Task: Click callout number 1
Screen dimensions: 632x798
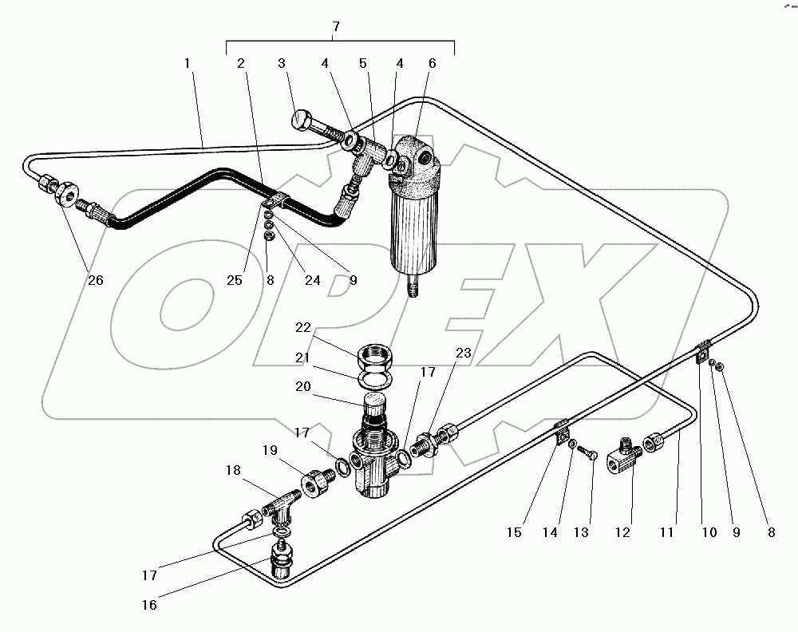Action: (188, 63)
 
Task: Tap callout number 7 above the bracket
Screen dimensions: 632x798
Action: (337, 27)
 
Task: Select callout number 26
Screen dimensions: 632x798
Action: (95, 280)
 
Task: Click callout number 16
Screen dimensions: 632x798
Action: (150, 605)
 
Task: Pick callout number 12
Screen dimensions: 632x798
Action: (624, 532)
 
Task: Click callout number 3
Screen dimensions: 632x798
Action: (281, 63)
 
